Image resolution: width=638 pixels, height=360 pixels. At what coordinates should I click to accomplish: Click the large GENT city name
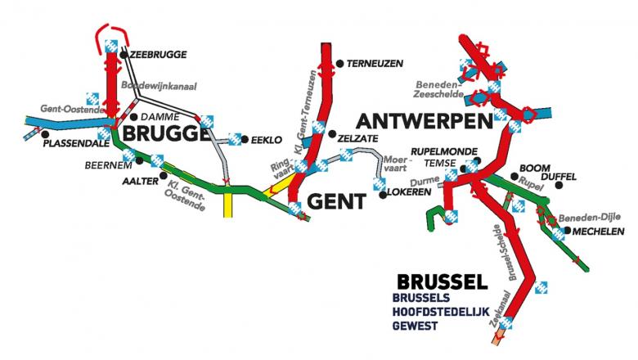click(338, 199)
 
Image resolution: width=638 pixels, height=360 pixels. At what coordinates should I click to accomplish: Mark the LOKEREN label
click(412, 194)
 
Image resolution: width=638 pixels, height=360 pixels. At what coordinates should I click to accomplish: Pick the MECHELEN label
click(597, 232)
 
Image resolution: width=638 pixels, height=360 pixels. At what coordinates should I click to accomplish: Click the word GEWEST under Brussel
click(416, 326)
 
